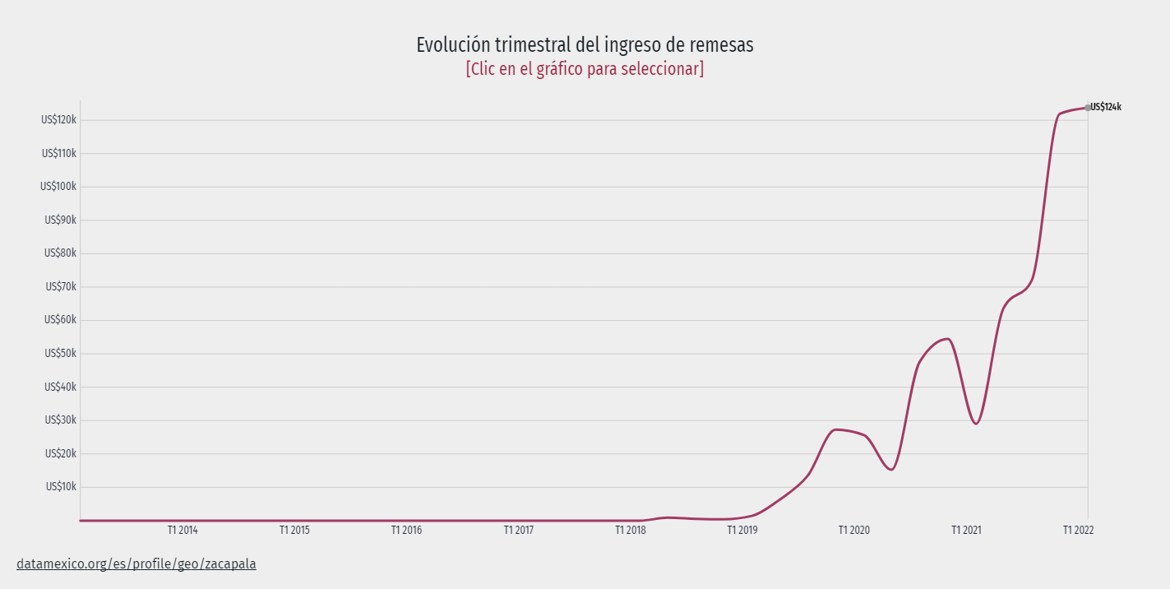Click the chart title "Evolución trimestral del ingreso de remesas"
(x=585, y=45)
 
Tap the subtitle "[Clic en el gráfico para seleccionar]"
(x=585, y=68)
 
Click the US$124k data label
(x=1106, y=107)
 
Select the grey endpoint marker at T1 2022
(x=1088, y=108)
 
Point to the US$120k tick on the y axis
(x=58, y=120)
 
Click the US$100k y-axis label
(x=58, y=187)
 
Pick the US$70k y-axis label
(x=60, y=287)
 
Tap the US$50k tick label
(x=60, y=354)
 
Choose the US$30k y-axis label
(x=60, y=420)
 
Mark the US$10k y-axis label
(x=61, y=487)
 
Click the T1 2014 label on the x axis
(x=183, y=531)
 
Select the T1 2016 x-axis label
(x=406, y=531)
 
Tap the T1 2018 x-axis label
(x=631, y=531)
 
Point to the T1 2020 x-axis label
(x=854, y=531)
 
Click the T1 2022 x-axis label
(x=1078, y=531)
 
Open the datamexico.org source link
(x=136, y=564)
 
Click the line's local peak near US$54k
(x=947, y=339)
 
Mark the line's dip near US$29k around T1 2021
(x=976, y=424)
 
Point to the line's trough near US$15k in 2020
(x=891, y=469)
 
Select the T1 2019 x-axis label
(x=742, y=531)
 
